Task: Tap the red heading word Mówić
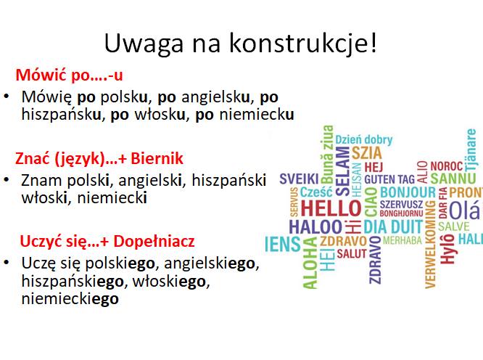(42, 75)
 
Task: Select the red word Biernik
(157, 158)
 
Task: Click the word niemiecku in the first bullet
(257, 115)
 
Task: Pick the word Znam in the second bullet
(41, 180)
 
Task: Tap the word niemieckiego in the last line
(70, 298)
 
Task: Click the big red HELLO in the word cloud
(331, 208)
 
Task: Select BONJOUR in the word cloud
(408, 192)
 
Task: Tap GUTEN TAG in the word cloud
(389, 179)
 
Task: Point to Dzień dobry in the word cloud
(364, 140)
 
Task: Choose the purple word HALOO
(315, 227)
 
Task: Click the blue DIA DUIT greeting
(393, 227)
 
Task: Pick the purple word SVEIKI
(299, 179)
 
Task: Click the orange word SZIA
(366, 153)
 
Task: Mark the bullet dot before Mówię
(7, 97)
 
